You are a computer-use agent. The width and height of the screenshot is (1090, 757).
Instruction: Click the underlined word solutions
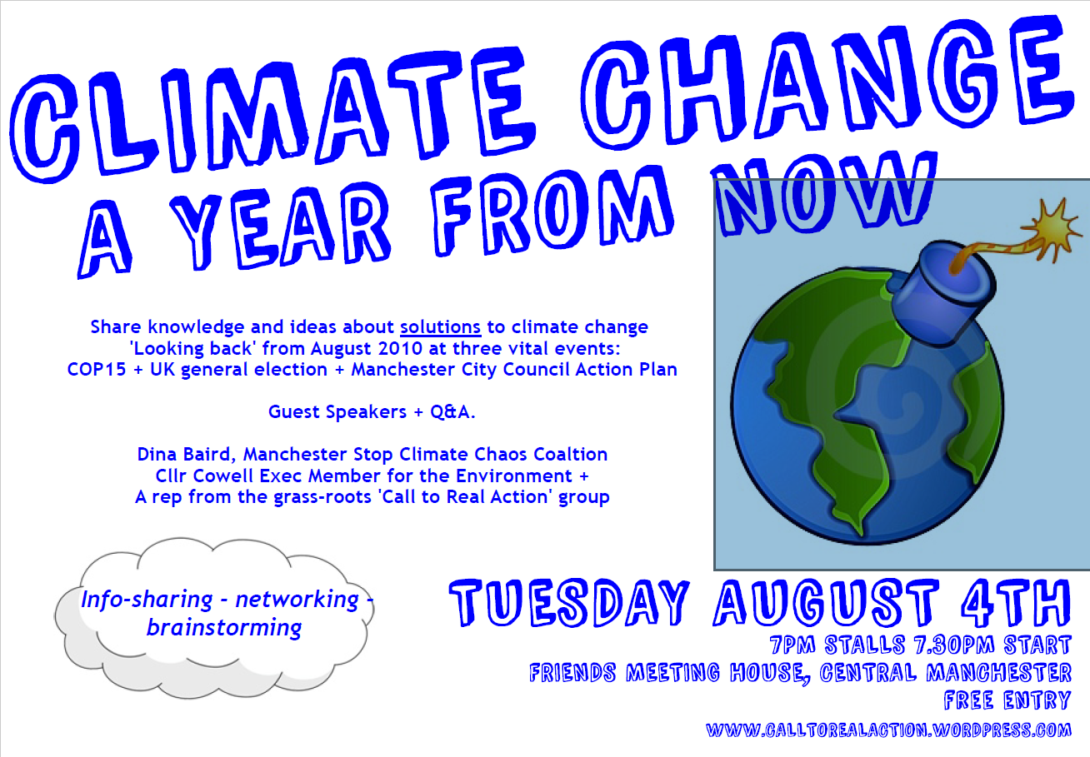click(440, 327)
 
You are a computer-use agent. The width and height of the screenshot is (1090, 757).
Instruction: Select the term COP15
click(97, 370)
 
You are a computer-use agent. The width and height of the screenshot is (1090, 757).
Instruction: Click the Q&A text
click(452, 411)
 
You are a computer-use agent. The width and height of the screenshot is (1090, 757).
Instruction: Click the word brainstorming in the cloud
click(224, 628)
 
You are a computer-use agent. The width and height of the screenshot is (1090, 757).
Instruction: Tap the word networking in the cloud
click(297, 600)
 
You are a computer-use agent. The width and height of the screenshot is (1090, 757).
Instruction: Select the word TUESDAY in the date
click(569, 602)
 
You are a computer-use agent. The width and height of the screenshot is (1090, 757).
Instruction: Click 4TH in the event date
click(1016, 602)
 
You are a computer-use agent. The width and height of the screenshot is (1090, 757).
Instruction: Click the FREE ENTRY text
click(1007, 700)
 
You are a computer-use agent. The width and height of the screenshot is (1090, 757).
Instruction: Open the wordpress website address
click(888, 730)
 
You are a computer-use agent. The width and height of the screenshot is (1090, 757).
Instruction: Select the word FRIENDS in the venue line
click(572, 673)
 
